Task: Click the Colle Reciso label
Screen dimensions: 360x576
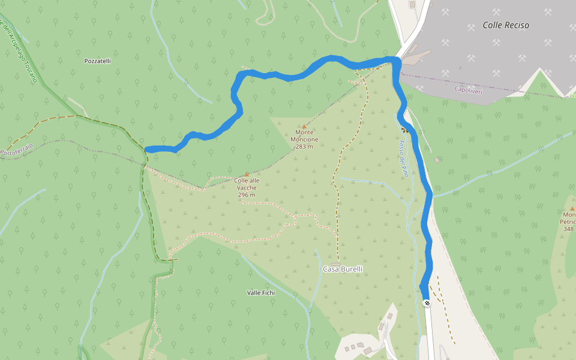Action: click(x=506, y=25)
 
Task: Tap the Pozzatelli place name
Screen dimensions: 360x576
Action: click(x=98, y=61)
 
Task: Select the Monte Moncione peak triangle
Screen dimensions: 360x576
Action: click(x=304, y=125)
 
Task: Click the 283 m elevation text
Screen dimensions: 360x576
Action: click(x=304, y=146)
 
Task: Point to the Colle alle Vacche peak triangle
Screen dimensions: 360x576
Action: click(x=246, y=174)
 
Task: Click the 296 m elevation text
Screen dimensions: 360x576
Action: click(x=247, y=195)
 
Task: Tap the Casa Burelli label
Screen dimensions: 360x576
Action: click(x=343, y=269)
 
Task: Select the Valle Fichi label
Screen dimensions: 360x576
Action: click(x=261, y=293)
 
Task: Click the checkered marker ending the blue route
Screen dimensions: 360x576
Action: click(x=427, y=303)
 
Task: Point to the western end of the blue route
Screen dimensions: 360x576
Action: click(x=148, y=149)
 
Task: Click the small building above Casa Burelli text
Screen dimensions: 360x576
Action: click(x=335, y=263)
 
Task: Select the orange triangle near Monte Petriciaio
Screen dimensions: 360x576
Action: click(x=572, y=208)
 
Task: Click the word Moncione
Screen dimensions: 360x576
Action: click(x=304, y=139)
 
